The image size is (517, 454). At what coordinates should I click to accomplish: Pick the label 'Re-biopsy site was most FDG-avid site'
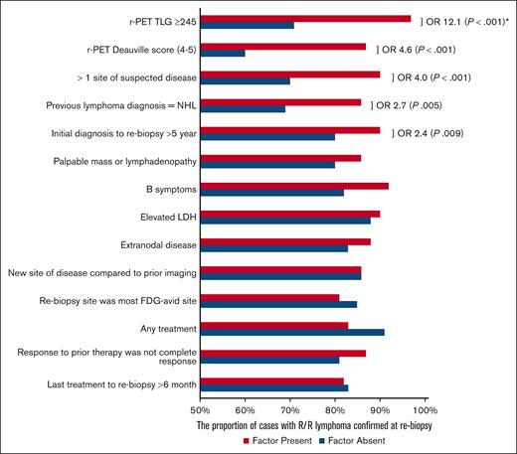coord(107,300)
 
